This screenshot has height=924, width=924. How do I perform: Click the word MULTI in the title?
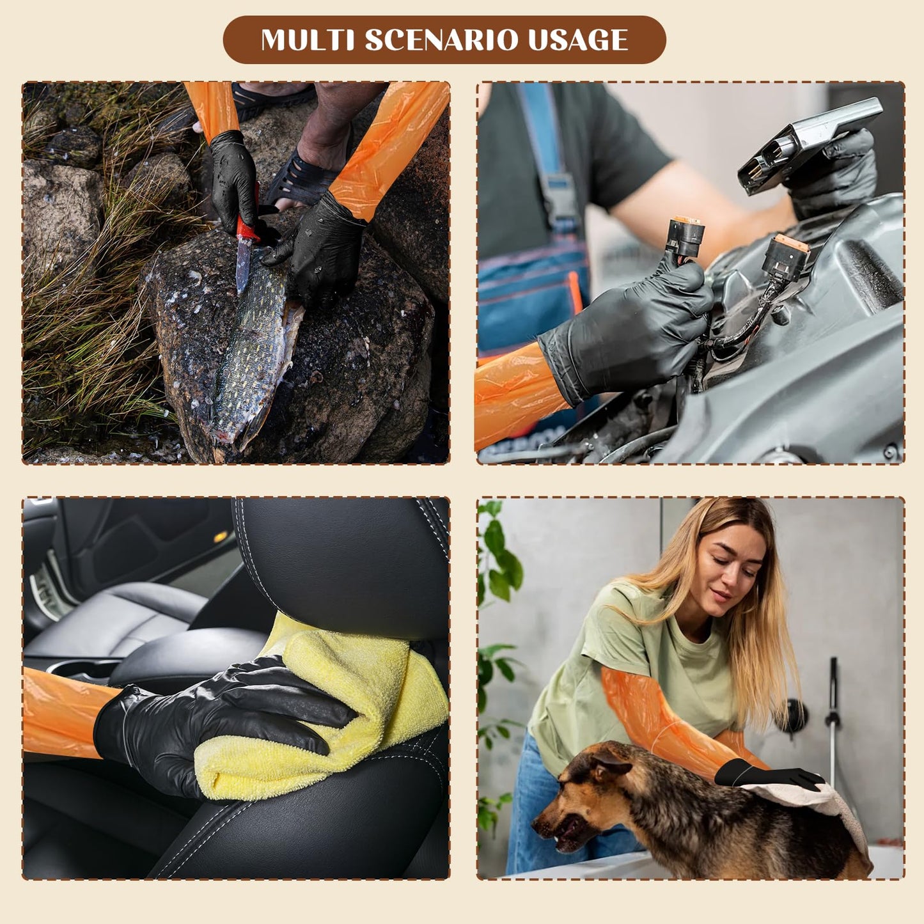(308, 40)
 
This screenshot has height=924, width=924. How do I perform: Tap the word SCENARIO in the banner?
(441, 40)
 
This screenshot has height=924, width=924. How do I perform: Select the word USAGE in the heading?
(577, 40)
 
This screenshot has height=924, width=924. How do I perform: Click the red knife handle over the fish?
(247, 228)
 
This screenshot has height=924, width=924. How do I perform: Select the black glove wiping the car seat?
(211, 723)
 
